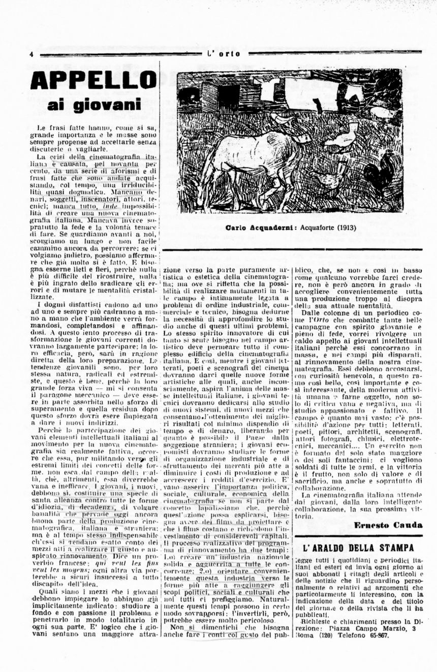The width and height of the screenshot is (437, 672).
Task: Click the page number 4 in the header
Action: tap(32, 54)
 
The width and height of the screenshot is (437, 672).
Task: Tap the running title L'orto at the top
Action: tap(224, 54)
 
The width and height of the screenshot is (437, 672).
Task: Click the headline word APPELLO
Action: tap(93, 80)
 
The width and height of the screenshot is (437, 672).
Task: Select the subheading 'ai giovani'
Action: tap(93, 105)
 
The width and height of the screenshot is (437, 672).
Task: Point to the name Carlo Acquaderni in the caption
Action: tap(254, 228)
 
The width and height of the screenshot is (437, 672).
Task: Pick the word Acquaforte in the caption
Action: tap(309, 228)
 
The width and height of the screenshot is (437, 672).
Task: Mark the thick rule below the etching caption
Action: tap(293, 249)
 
